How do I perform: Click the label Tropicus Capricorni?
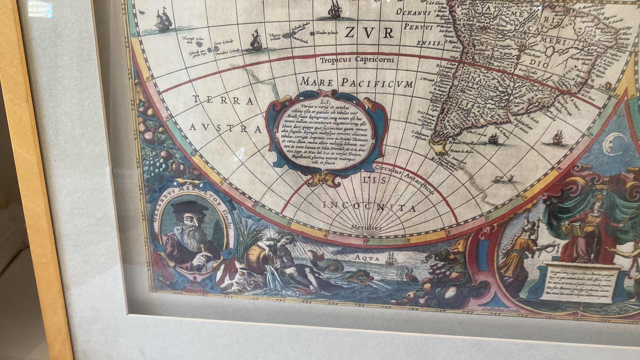click(x=357, y=60)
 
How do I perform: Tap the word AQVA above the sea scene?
click(x=368, y=258)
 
